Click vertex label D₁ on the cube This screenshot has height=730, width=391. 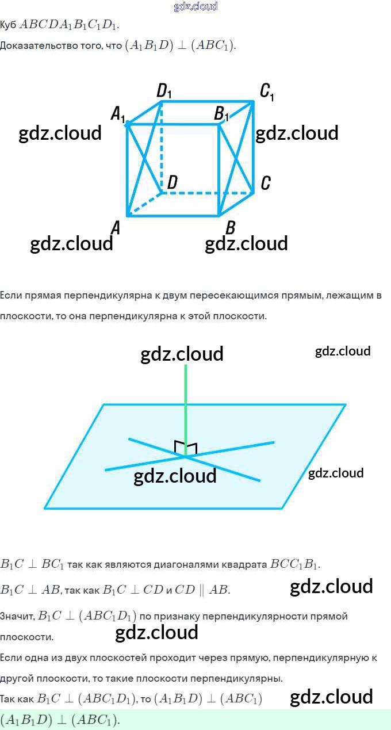164,91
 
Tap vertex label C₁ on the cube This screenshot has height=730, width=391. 266,91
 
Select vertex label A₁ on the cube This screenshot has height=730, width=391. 118,114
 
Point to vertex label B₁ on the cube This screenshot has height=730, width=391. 221,114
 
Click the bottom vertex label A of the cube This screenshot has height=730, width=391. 116,228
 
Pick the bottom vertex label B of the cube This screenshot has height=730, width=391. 230,228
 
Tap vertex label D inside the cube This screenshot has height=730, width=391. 171,183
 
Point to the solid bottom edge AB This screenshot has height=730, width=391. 172,216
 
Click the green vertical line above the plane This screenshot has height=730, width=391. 185,403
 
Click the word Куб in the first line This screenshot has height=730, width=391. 8,25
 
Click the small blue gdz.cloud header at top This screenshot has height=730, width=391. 195,7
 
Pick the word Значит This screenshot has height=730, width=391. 17,616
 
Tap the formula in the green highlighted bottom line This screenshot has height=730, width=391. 60,720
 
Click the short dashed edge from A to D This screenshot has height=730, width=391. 144,204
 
